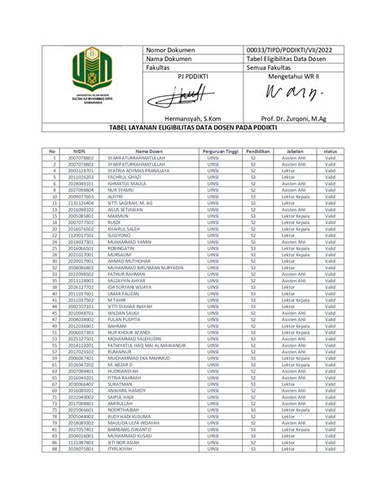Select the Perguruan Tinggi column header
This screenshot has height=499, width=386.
coord(216,151)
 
